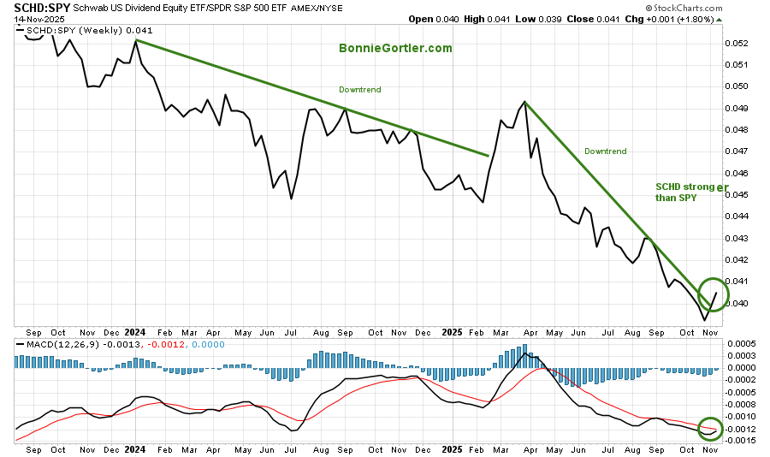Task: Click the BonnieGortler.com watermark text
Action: pyautogui.click(x=394, y=48)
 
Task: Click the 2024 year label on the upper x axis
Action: pyautogui.click(x=135, y=331)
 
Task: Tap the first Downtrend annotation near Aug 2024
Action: pyautogui.click(x=359, y=89)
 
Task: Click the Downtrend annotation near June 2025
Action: pyautogui.click(x=605, y=151)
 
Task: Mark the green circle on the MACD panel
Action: pyautogui.click(x=710, y=428)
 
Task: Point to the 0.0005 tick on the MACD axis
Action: pyautogui.click(x=743, y=343)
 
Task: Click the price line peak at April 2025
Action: pyautogui.click(x=524, y=102)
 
